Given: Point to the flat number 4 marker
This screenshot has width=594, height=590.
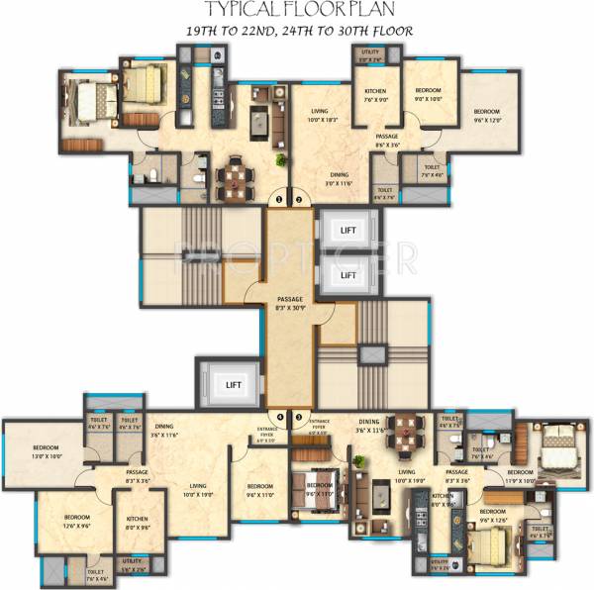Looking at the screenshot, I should tap(279, 417).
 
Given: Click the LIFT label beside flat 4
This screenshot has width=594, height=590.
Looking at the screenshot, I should tap(234, 383).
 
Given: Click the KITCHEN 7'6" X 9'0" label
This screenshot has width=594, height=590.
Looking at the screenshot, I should tap(379, 94).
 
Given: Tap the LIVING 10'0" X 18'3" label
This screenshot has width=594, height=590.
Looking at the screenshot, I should tap(318, 114).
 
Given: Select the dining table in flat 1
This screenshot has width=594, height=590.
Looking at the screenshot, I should tap(236, 177).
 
